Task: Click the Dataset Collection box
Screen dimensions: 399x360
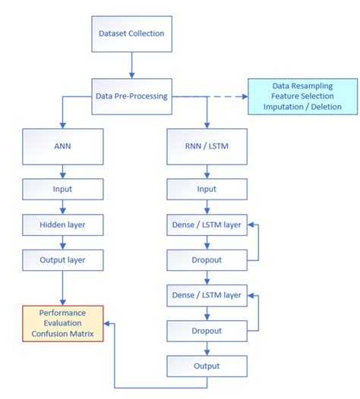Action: (131, 34)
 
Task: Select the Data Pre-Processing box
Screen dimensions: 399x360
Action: (131, 96)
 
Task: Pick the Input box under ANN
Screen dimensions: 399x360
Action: (62, 189)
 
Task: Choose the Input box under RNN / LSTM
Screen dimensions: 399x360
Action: (207, 189)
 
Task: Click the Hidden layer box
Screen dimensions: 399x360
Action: (62, 225)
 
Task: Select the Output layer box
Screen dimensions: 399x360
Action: (62, 259)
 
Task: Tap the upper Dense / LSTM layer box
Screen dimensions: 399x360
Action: (207, 225)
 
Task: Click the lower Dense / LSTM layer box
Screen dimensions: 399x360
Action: (207, 295)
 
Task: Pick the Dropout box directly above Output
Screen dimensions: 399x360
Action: (207, 331)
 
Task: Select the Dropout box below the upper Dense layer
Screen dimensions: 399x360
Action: (207, 259)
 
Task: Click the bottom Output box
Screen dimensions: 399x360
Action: (207, 366)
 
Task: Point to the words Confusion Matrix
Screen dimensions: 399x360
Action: (63, 335)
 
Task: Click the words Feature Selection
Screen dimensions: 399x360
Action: (302, 96)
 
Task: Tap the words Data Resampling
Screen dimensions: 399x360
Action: (302, 86)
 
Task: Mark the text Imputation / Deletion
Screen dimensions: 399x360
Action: (302, 107)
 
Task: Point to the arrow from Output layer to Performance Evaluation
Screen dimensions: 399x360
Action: (62, 288)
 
